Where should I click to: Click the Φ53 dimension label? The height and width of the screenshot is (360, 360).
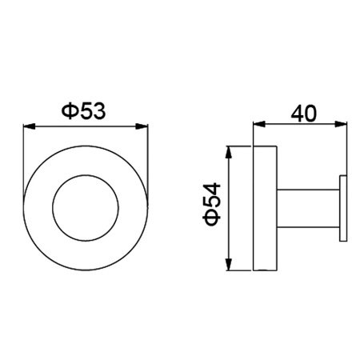83,111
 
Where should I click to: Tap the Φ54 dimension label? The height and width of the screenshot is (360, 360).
212,204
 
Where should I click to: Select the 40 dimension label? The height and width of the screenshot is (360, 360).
304,114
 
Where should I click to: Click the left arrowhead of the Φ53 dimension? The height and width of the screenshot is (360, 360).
30,126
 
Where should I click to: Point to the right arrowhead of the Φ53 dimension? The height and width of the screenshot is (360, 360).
142,126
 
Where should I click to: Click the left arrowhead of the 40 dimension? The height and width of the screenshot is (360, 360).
259,124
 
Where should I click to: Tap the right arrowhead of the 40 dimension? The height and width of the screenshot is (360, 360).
341,124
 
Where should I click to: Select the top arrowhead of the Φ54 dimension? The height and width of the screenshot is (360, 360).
228,152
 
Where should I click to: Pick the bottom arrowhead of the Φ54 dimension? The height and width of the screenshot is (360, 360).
228,264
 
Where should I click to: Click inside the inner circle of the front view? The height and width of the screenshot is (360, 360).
86,208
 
